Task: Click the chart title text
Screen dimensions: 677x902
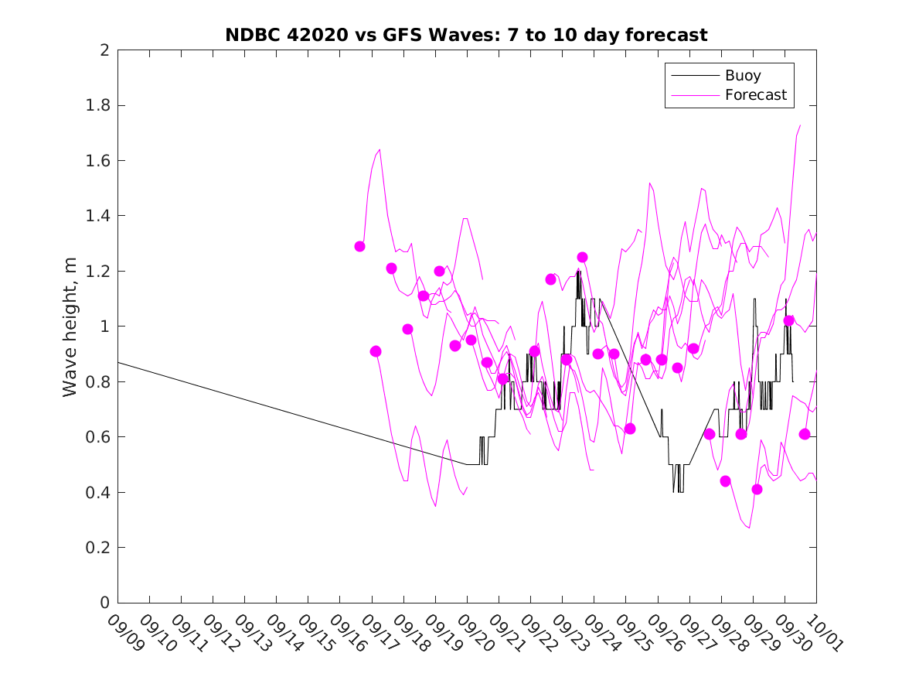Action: [x=466, y=36]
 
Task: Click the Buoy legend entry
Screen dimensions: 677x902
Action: [x=742, y=76]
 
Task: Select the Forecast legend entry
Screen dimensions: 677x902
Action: [x=755, y=95]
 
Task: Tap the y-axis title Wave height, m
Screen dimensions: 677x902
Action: [x=70, y=327]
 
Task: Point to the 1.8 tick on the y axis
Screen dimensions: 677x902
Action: [x=98, y=105]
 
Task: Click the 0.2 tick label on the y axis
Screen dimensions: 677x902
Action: [x=98, y=548]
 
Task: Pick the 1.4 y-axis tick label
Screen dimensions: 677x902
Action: [x=98, y=216]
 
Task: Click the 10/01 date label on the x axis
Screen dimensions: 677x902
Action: [x=822, y=633]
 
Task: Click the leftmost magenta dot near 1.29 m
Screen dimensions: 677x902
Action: [x=359, y=246]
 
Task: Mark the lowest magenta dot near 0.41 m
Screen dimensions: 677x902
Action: [x=757, y=489]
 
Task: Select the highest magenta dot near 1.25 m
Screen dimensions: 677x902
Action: [x=582, y=257]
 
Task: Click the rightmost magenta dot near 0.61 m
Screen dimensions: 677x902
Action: [x=804, y=434]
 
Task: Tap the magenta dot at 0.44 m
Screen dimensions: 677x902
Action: [x=725, y=481]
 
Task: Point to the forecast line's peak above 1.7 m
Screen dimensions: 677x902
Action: [x=800, y=125]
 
